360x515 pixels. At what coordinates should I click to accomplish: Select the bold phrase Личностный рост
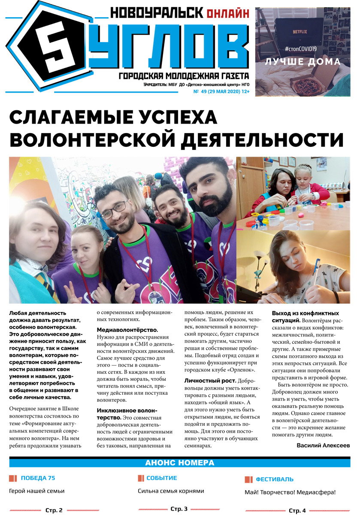coord(210,381)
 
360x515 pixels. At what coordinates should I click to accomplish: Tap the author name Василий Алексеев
coord(323,445)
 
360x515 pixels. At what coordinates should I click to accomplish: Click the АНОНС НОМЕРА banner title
coord(179,463)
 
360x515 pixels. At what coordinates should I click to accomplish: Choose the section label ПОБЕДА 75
coord(38,478)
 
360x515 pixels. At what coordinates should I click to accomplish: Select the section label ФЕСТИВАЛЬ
coord(275,479)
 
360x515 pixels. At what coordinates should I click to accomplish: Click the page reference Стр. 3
coord(179,509)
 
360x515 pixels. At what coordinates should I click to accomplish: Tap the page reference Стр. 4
coord(297,510)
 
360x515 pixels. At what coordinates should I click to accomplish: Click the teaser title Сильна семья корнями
coord(171,491)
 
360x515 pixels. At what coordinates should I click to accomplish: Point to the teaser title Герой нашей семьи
coord(36,491)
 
